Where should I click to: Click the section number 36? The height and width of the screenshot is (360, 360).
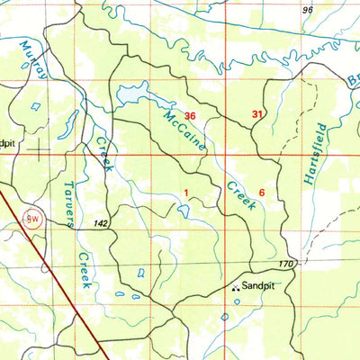pos(190,116)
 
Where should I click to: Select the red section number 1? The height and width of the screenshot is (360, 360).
pos(186,193)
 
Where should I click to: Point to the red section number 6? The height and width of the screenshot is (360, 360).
pos(262,193)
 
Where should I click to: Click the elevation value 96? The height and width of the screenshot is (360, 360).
pos(309,10)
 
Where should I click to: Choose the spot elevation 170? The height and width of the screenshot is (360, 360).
pos(286,264)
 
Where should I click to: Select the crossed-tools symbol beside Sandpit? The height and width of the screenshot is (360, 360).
pos(237,288)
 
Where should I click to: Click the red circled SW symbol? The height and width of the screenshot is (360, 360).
pos(32,218)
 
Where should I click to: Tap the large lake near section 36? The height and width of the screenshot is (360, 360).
pos(132,94)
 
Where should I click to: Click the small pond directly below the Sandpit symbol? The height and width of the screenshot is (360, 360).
pos(237,301)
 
